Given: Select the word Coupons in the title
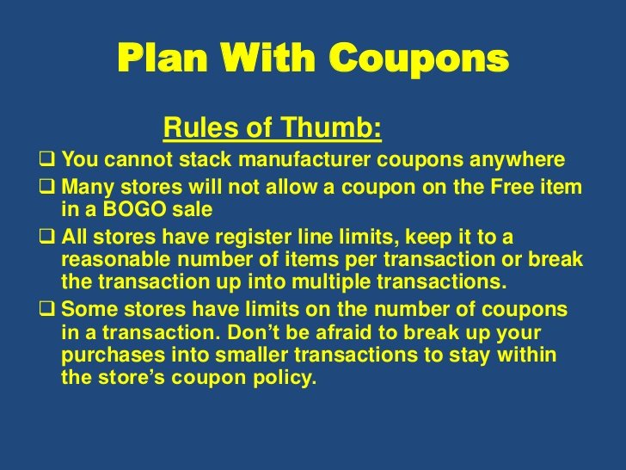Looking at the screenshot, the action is pyautogui.click(x=420, y=59).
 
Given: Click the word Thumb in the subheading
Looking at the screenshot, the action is pyautogui.click(x=331, y=127).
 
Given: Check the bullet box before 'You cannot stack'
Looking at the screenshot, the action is pyautogui.click(x=47, y=158).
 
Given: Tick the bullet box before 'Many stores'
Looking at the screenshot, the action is pyautogui.click(x=47, y=187).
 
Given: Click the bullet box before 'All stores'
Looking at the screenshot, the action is pyautogui.click(x=47, y=236).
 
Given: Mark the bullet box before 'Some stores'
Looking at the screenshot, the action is pyautogui.click(x=47, y=309).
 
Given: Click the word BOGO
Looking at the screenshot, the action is pyautogui.click(x=134, y=209).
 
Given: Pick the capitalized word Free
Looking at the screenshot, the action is pyautogui.click(x=512, y=187).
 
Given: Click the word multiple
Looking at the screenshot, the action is pyautogui.click(x=331, y=282).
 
